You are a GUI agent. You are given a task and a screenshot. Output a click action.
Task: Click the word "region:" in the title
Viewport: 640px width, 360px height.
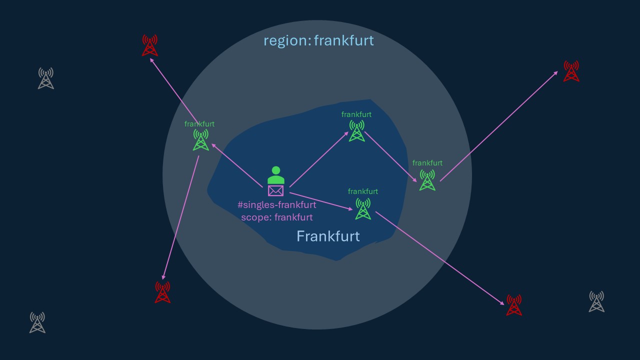coord(286,40)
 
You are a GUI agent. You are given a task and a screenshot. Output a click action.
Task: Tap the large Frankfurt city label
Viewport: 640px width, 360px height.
coord(328,236)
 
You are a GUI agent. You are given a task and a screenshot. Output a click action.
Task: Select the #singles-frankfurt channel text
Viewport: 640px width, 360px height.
coord(276,205)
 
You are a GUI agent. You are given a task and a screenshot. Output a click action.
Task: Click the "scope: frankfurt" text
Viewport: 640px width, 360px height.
coord(276,217)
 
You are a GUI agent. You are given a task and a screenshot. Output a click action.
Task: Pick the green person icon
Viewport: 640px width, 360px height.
coord(276,175)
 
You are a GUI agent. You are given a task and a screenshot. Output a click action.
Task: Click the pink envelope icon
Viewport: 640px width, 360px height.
coord(276,190)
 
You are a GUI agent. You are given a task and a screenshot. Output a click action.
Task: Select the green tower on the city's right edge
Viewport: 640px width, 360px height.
coord(427,179)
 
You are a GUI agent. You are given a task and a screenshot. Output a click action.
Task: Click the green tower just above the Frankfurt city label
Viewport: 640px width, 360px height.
coord(363,208)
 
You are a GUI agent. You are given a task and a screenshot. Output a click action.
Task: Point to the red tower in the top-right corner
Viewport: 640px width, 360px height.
coord(571,71)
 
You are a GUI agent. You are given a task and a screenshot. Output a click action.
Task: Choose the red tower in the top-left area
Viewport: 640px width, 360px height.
coord(150,45)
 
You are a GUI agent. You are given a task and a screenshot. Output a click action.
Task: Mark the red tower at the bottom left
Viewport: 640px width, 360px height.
coord(162,292)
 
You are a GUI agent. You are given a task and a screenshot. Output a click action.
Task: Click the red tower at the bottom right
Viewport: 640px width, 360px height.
coord(514,304)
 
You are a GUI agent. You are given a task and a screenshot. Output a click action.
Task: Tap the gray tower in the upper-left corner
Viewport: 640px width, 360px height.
coord(46,78)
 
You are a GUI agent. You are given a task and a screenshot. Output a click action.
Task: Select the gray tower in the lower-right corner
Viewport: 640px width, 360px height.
coord(596,301)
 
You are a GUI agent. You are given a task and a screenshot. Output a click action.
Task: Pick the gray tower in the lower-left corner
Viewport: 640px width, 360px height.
coord(37,322)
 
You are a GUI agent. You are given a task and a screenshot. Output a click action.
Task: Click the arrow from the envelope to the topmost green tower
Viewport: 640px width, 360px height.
coord(319,159)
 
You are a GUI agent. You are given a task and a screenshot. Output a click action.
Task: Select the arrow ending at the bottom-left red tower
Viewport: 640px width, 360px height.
coord(180,218)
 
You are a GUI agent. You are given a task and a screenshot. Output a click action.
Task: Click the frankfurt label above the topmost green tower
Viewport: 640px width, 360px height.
coord(356,114)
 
